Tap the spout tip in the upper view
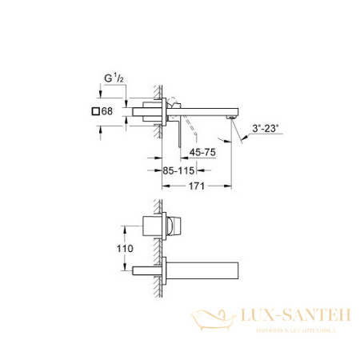pos(233,117)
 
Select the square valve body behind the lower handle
pos(158,226)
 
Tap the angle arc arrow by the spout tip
pos(240,138)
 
